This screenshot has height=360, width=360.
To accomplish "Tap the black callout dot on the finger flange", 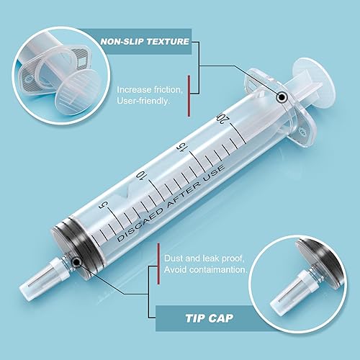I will [x=282, y=96].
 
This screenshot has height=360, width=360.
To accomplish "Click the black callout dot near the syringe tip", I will [x=74, y=256].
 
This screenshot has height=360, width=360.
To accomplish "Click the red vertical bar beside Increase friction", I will [x=189, y=94].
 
